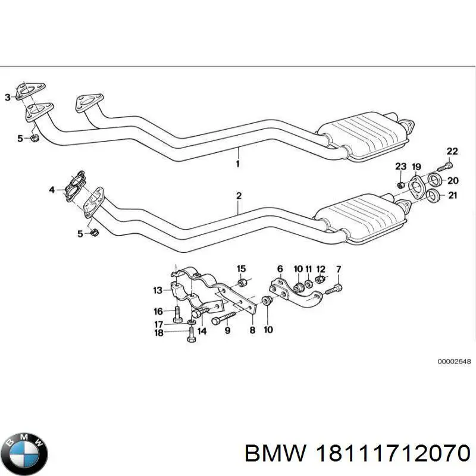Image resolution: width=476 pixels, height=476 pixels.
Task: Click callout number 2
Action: (x=239, y=195)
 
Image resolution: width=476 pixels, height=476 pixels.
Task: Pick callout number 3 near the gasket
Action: (x=8, y=98)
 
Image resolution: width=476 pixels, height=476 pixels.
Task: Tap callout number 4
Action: (x=52, y=190)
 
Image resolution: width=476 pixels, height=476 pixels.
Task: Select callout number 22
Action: (x=453, y=151)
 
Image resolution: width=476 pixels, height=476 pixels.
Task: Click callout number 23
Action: (x=400, y=167)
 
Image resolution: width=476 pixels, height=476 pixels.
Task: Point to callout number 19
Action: (x=416, y=167)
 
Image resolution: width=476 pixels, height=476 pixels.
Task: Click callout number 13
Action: (x=157, y=290)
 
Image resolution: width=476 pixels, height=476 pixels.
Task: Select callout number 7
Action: (x=338, y=270)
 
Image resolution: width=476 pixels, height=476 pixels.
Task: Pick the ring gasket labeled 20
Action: (x=434, y=181)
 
